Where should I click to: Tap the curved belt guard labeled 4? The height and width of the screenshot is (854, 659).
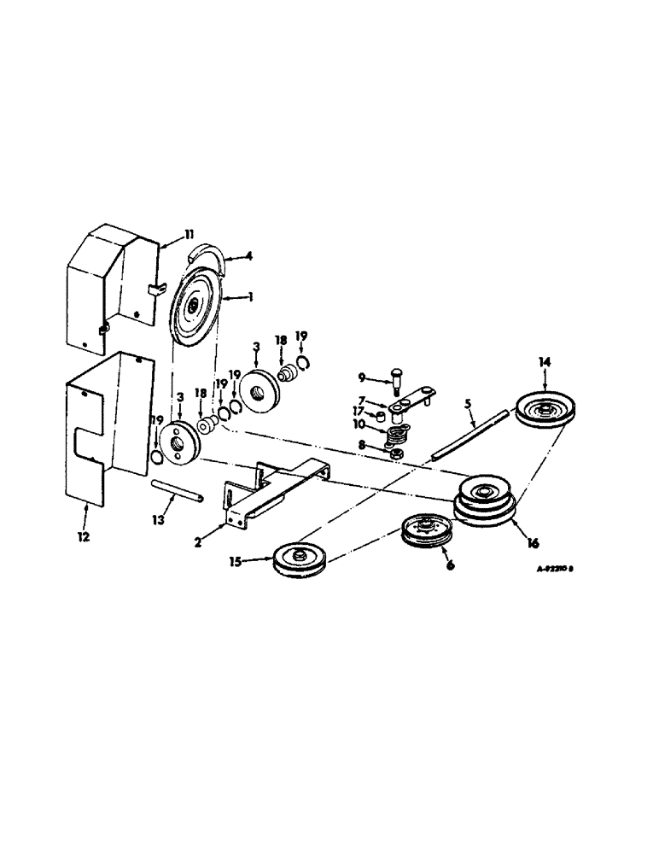click(x=214, y=255)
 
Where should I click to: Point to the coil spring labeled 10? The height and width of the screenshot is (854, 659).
click(x=394, y=436)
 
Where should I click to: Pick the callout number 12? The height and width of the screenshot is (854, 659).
click(x=85, y=539)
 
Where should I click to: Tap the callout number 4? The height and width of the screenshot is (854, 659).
click(x=249, y=254)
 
